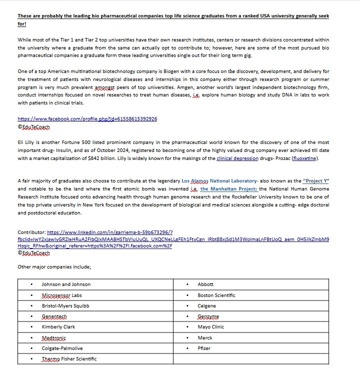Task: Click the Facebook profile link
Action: coord(87,119)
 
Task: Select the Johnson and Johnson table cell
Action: coord(66,284)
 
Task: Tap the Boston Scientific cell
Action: coord(216,295)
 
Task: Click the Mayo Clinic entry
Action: coord(211,327)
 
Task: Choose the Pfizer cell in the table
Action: coord(204,348)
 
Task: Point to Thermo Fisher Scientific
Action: coord(69,359)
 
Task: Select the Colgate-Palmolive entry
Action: coord(62,348)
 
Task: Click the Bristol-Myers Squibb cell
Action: coord(65,305)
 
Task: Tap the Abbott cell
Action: coord(205,284)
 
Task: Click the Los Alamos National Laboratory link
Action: coord(219,180)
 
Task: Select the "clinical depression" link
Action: coord(237,158)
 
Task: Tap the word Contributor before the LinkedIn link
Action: coord(31,232)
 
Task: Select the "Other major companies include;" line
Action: coord(54,267)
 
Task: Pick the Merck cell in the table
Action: coord(205,338)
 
